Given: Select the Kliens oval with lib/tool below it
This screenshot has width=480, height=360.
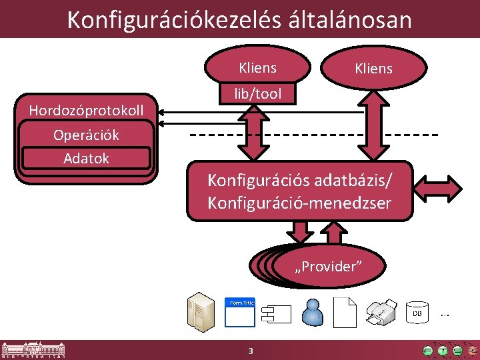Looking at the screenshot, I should coord(257,67).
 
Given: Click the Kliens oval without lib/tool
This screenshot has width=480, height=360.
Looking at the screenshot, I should coord(373,69).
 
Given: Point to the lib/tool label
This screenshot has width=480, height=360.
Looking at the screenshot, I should coord(257,95).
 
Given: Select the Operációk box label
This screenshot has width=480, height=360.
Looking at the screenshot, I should coord(86,135).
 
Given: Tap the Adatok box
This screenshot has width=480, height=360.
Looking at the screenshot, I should coord(86,159).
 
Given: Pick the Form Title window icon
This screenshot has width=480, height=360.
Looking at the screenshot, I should coord(240,311).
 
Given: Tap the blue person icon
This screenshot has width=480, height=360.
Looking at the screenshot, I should coord(312,312).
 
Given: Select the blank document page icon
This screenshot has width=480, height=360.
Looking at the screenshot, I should coord(347,311).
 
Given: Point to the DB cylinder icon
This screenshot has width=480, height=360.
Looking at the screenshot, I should coord(417,312).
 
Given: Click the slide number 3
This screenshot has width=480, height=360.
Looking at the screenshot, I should coord(250,351).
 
